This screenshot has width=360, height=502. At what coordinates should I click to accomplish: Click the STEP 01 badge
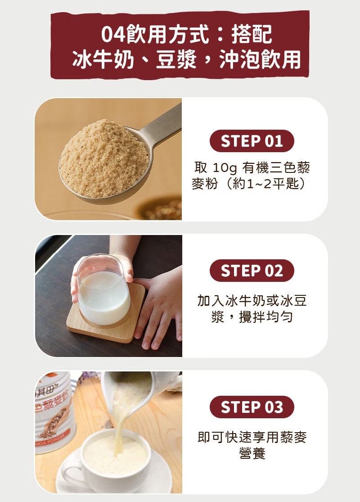tap(252, 141)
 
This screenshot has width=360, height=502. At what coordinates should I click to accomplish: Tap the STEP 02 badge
tap(252, 271)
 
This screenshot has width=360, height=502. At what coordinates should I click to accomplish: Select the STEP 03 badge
tap(252, 407)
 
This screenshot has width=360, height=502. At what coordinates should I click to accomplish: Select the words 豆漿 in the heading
tap(176, 59)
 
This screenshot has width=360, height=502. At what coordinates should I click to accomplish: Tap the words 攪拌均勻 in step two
tap(266, 317)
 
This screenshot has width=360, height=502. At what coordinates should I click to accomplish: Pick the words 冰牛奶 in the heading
tap(103, 59)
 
